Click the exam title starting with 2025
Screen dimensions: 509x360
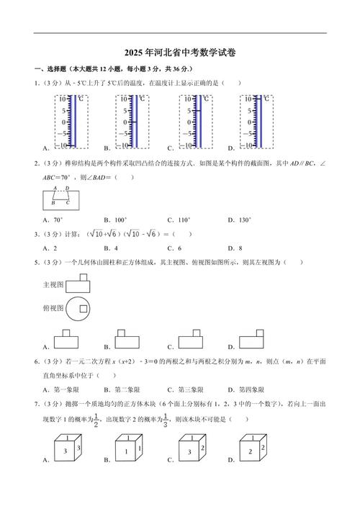point(180,53)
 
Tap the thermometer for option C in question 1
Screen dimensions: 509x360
point(195,120)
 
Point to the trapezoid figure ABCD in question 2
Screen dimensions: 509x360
point(60,196)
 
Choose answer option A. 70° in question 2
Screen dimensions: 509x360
point(53,219)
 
